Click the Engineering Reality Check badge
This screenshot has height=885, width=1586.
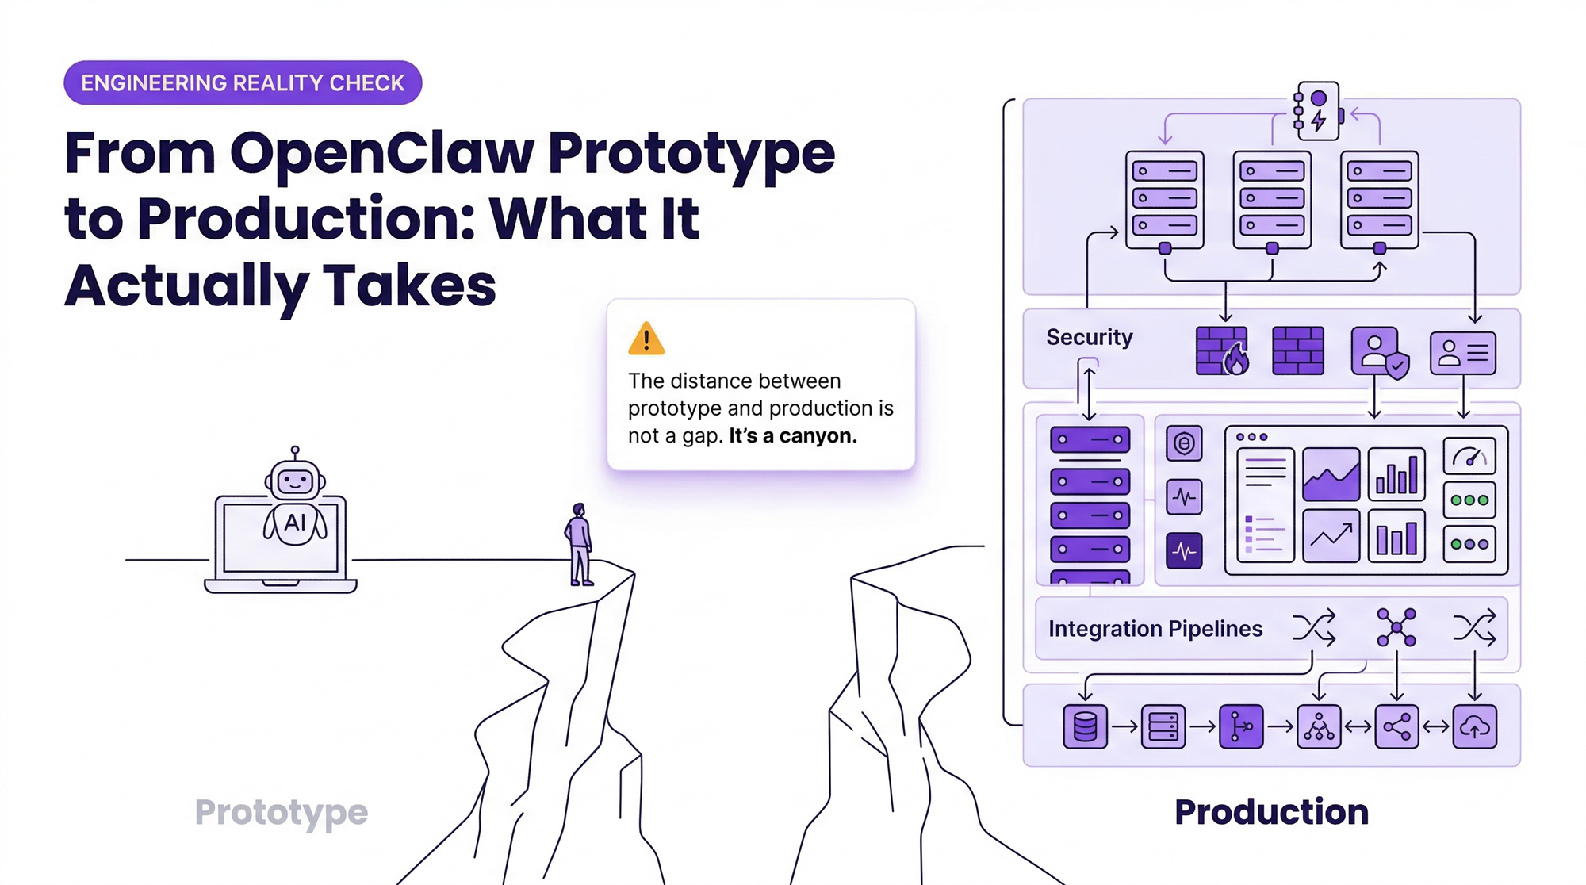pyautogui.click(x=243, y=82)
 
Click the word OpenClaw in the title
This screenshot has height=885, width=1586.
pyautogui.click(x=382, y=152)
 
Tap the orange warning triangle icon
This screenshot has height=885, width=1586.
pyautogui.click(x=646, y=339)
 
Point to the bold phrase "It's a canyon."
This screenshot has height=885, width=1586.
pyautogui.click(x=793, y=436)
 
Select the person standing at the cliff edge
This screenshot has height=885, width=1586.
pyautogui.click(x=580, y=545)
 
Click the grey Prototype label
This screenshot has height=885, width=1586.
pyautogui.click(x=282, y=813)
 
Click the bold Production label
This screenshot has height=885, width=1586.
pyautogui.click(x=1272, y=812)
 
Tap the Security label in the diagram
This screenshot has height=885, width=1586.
pyautogui.click(x=1090, y=337)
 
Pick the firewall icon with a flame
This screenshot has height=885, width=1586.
pyautogui.click(x=1222, y=351)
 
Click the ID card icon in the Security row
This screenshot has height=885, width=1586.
pyautogui.click(x=1463, y=353)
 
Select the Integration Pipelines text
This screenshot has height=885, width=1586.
pyautogui.click(x=1155, y=629)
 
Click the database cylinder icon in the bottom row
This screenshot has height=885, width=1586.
pyautogui.click(x=1085, y=726)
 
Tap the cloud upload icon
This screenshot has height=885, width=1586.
pyautogui.click(x=1475, y=726)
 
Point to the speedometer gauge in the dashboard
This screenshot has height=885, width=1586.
pyautogui.click(x=1469, y=457)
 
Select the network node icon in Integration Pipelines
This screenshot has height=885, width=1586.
pyautogui.click(x=1396, y=627)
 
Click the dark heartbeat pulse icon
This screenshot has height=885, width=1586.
pyautogui.click(x=1184, y=550)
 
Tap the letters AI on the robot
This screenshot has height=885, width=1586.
pyautogui.click(x=295, y=523)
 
